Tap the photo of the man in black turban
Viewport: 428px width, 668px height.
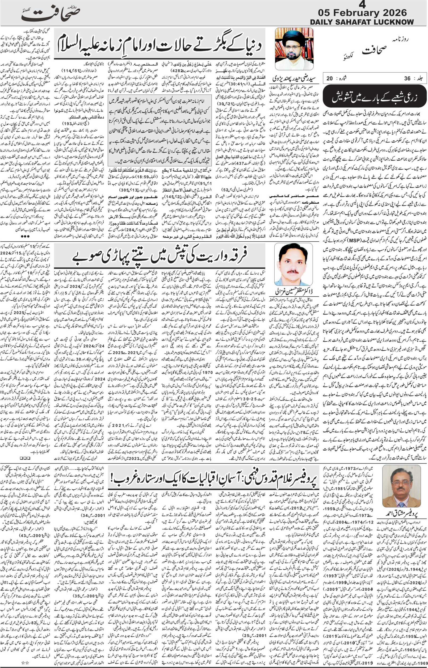pyautogui.click(x=294, y=49)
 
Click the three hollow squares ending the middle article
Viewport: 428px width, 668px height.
pyautogui.click(x=25, y=458)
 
